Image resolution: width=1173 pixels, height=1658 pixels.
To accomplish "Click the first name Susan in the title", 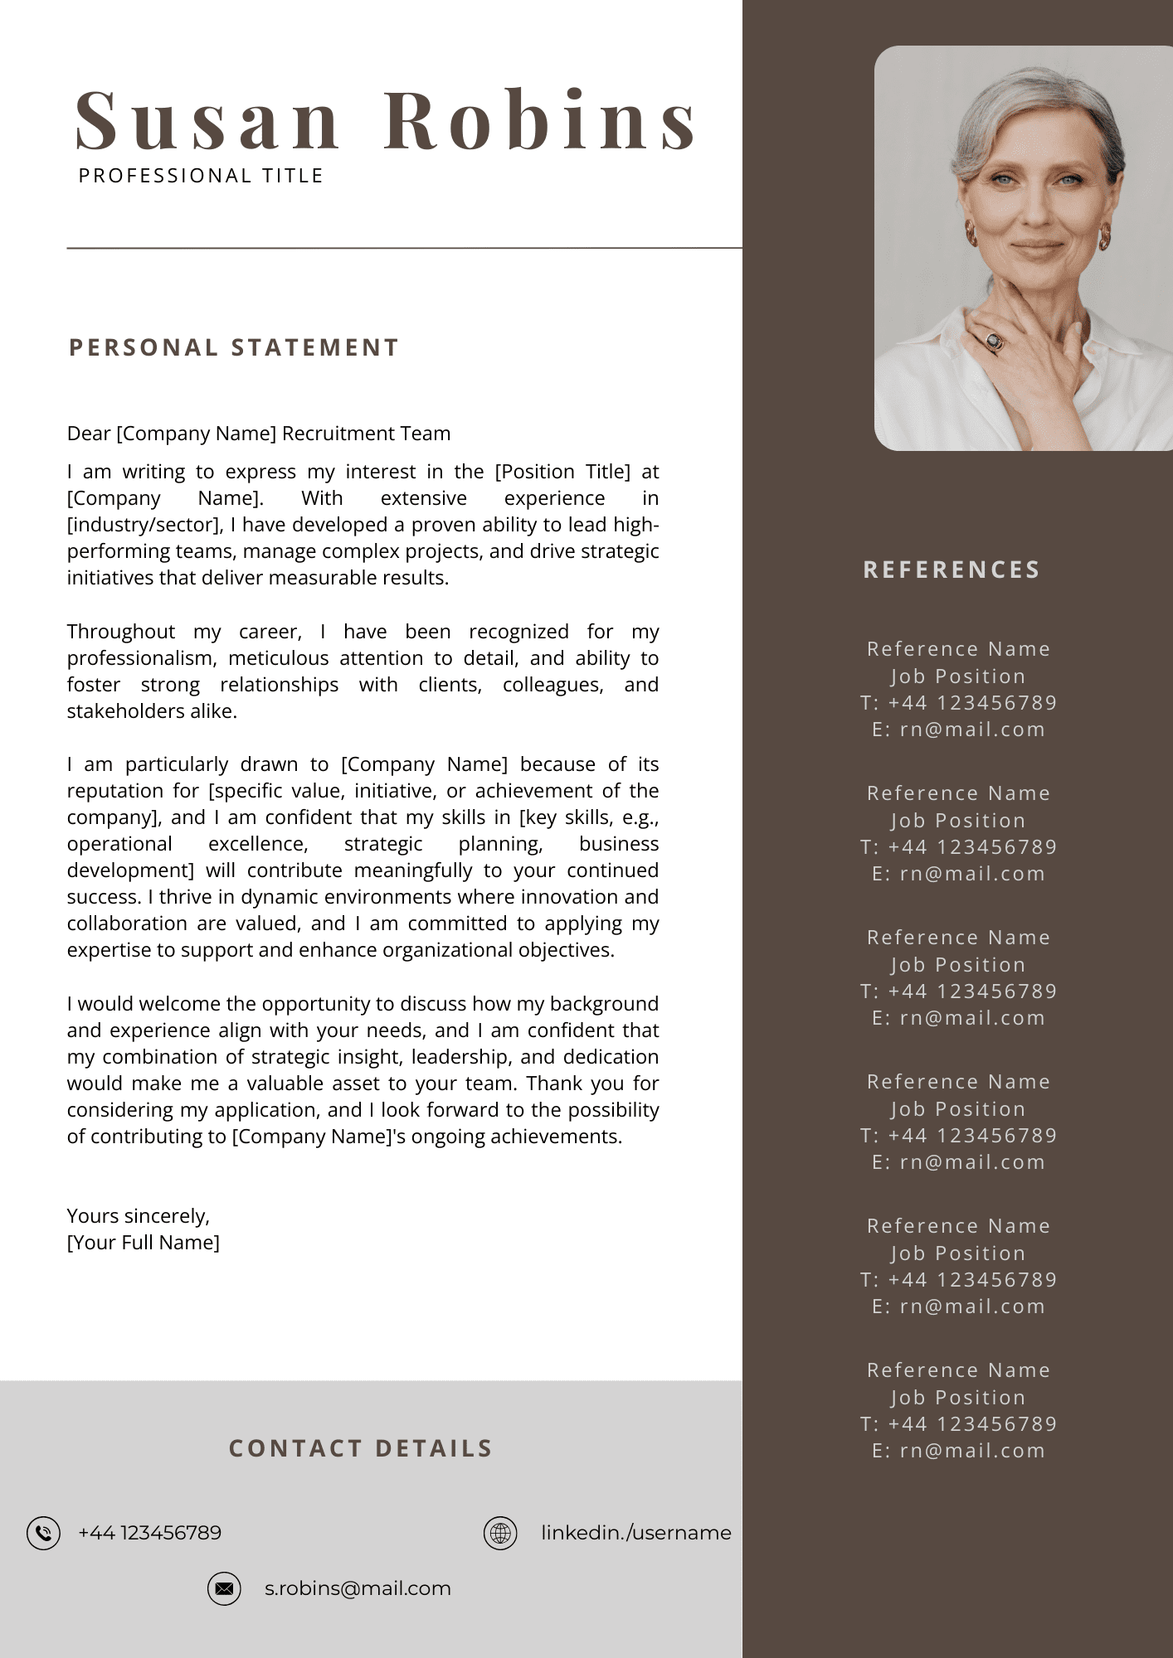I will pyautogui.click(x=207, y=122).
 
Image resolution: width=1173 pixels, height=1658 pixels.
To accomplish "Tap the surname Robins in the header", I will pyautogui.click(x=540, y=122).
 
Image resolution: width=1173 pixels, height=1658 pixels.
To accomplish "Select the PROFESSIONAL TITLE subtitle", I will pyautogui.click(x=201, y=176).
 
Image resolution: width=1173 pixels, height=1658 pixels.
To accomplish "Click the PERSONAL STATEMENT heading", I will pyautogui.click(x=234, y=347).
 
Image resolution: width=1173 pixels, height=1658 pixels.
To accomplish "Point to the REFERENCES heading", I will pyautogui.click(x=952, y=570).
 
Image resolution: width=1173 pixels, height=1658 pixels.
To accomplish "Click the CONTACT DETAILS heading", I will pyautogui.click(x=361, y=1448).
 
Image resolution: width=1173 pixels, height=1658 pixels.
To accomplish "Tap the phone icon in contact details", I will pyautogui.click(x=43, y=1533).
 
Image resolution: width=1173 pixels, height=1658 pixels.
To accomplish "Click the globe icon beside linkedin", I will pyautogui.click(x=500, y=1533).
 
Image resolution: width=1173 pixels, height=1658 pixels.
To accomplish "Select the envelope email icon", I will pyautogui.click(x=224, y=1588).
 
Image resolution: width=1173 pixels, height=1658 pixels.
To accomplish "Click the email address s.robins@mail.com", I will pyautogui.click(x=358, y=1588).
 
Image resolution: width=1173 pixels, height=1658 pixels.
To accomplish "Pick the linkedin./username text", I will pyautogui.click(x=635, y=1533).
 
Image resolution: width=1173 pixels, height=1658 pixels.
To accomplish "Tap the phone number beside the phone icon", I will pyautogui.click(x=149, y=1533).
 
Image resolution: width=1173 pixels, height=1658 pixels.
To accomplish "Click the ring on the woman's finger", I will pyautogui.click(x=994, y=340).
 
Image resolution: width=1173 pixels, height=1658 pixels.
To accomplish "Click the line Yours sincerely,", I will pyautogui.click(x=139, y=1216).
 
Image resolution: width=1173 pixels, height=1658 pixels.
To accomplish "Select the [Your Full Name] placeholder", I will pyautogui.click(x=144, y=1243).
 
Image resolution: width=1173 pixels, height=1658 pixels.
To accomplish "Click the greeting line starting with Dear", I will pyautogui.click(x=259, y=434).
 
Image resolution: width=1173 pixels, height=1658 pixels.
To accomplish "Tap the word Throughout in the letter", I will pyautogui.click(x=121, y=632).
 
